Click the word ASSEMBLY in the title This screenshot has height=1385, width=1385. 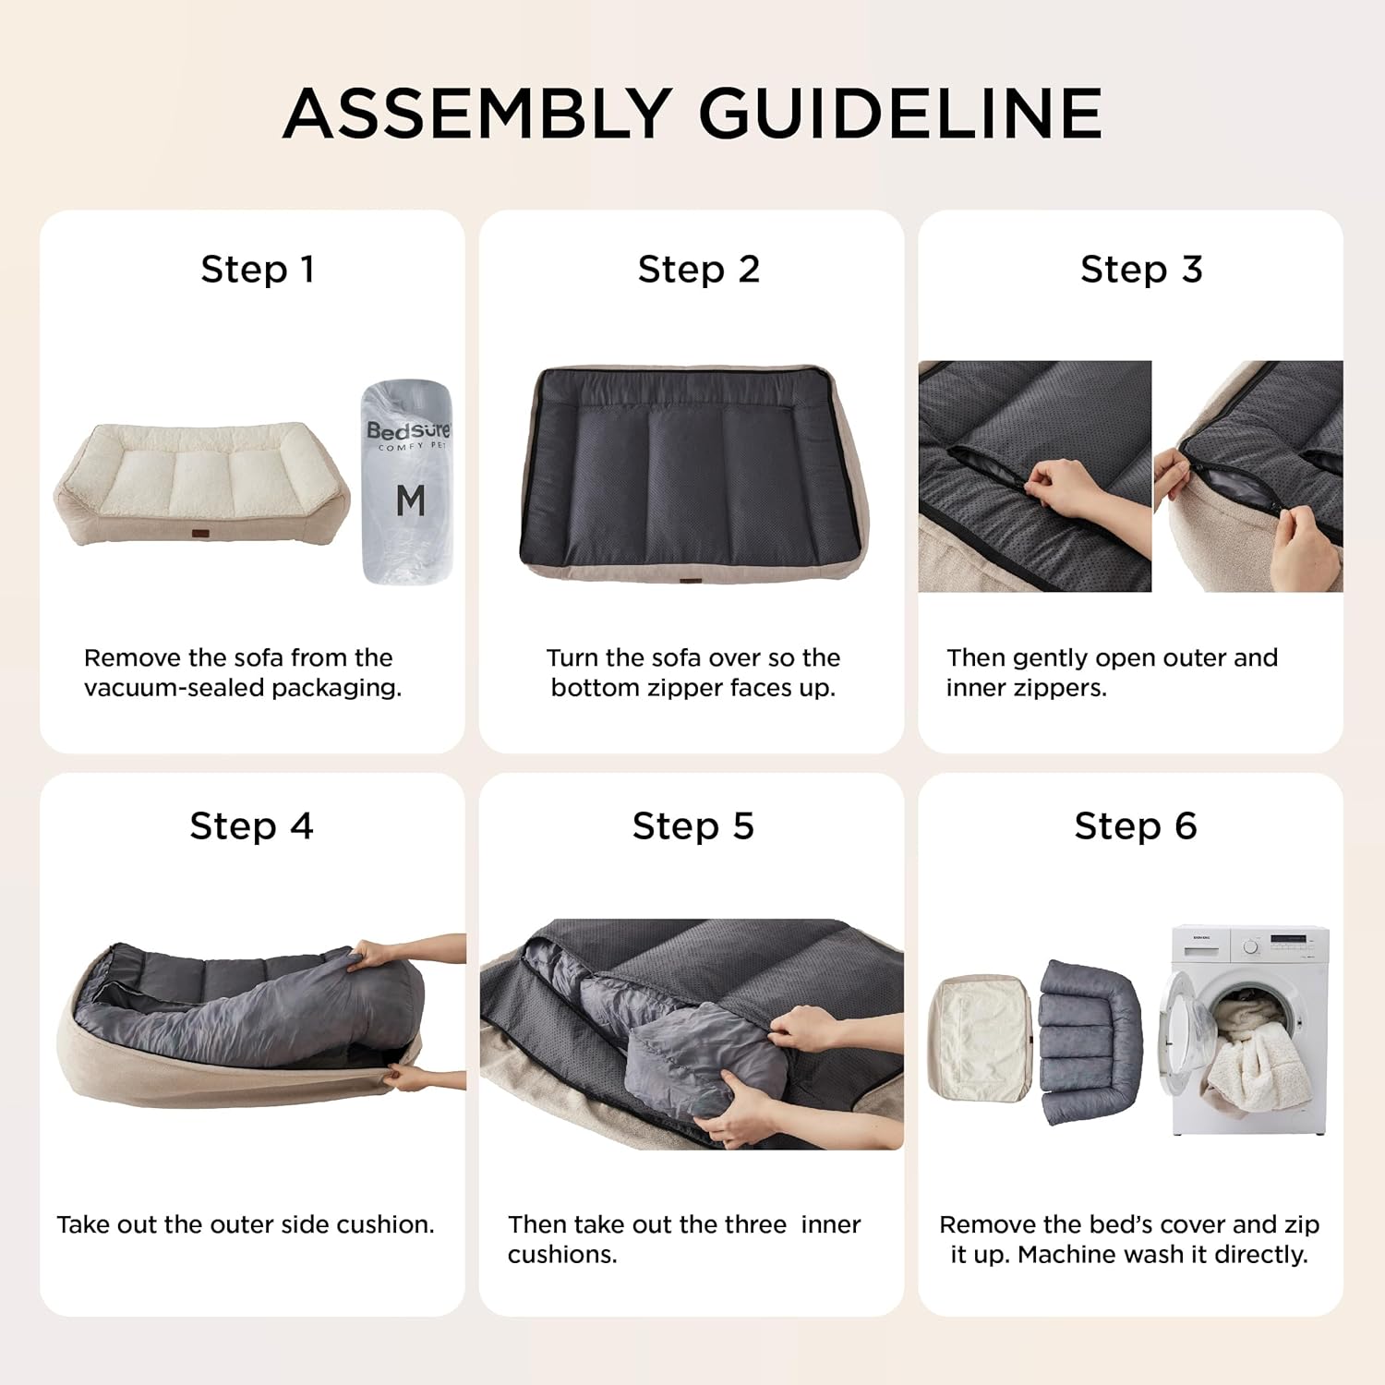tap(476, 113)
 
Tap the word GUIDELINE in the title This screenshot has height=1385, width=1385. tap(900, 113)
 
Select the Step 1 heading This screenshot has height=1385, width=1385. tap(258, 270)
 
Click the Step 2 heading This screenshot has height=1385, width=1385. tap(699, 270)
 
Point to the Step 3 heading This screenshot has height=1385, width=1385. tap(1141, 270)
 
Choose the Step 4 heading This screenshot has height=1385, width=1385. tap(251, 825)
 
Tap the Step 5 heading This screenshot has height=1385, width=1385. tap(693, 825)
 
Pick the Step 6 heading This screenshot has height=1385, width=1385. tap(1136, 825)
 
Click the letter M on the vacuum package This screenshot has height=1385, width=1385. tap(410, 501)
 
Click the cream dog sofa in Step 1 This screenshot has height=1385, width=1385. tap(202, 484)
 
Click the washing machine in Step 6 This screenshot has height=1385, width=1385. tap(1244, 1030)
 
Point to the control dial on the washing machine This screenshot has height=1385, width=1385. tap(1251, 946)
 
